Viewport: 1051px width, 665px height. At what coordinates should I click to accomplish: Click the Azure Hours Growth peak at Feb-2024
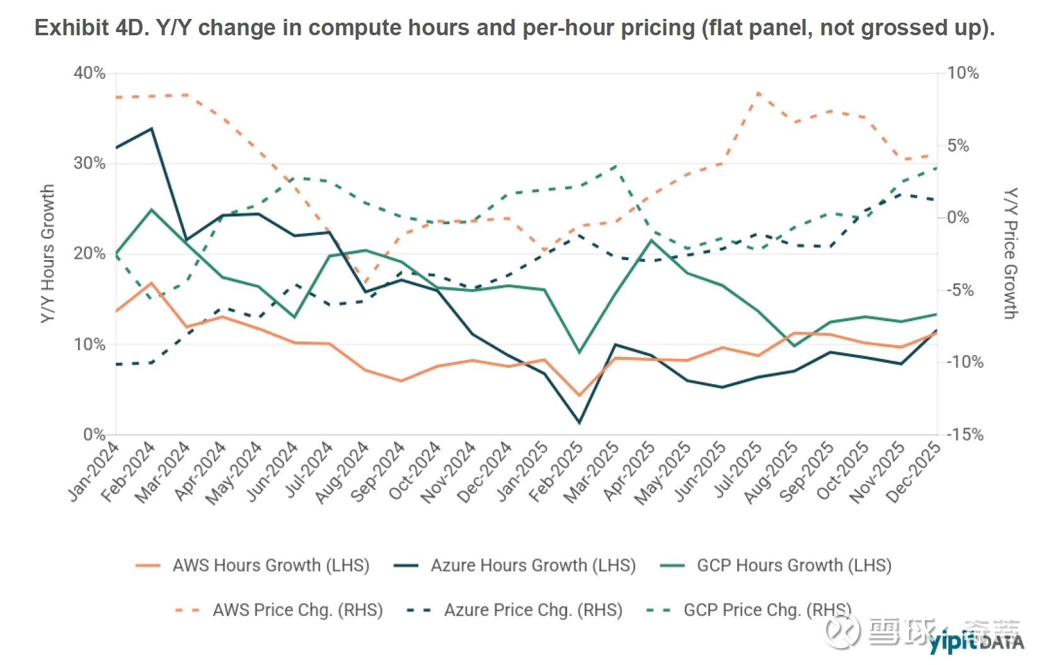151,128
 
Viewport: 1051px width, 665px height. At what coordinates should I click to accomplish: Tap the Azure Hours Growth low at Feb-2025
579,423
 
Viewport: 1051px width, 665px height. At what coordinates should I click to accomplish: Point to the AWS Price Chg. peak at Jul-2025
758,93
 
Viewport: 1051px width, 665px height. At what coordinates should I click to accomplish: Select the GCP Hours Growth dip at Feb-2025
579,352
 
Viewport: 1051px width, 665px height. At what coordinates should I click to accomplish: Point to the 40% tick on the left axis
89,73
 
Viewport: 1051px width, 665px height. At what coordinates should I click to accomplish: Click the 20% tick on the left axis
89,254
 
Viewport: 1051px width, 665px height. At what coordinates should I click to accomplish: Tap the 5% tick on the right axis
958,146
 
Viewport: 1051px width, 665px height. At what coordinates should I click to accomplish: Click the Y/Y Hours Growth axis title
48,254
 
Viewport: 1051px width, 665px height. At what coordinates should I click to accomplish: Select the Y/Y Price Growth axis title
1010,254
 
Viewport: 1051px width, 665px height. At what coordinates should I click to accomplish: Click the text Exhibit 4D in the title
92,28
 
